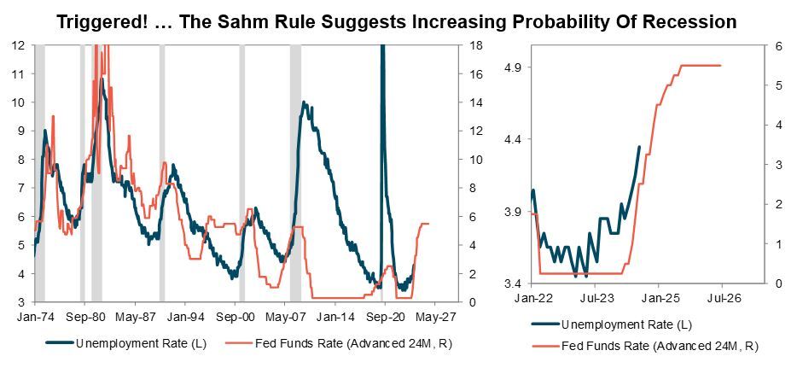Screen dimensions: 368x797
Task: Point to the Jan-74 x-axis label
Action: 34,315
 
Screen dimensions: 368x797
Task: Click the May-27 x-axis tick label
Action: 436,315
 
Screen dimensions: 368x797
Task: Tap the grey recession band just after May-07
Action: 295,171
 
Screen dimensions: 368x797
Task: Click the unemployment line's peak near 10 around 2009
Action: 303,102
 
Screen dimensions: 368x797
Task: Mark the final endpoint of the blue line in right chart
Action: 639,147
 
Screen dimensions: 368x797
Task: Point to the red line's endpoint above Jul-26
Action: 721,66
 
